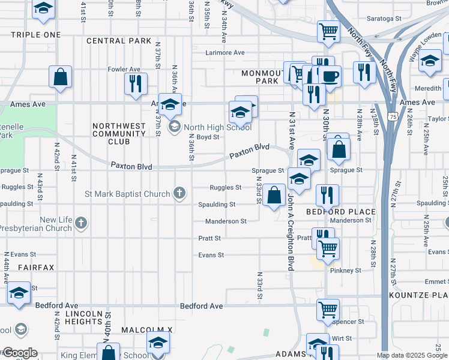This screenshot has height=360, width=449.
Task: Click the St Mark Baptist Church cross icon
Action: click(178, 193)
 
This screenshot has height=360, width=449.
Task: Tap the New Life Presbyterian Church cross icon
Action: click(81, 224)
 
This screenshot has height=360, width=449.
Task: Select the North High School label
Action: click(217, 127)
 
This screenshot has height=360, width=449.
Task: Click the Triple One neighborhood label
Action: click(35, 35)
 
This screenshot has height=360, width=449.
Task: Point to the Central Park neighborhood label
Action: click(118, 41)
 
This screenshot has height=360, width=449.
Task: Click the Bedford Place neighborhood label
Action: click(340, 212)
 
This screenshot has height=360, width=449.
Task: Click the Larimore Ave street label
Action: click(225, 53)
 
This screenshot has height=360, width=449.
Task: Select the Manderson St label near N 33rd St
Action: click(226, 221)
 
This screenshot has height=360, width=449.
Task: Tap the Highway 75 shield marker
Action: click(392, 116)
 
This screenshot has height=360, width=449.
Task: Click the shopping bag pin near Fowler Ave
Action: click(61, 77)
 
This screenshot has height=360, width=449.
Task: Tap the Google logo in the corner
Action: click(19, 353)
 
